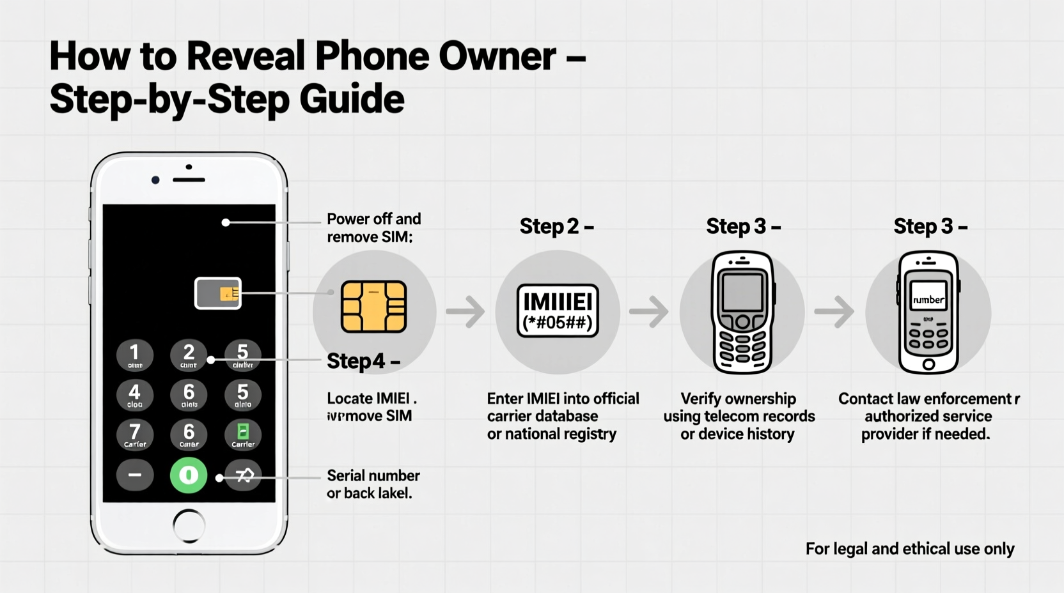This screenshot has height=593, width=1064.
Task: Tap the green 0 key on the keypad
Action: click(189, 475)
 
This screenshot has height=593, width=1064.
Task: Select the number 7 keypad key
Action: click(135, 435)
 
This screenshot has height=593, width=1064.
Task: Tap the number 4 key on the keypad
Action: click(135, 394)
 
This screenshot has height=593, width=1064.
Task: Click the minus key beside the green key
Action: click(135, 475)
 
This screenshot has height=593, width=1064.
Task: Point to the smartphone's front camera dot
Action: click(155, 180)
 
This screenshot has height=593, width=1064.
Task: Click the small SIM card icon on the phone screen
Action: click(218, 293)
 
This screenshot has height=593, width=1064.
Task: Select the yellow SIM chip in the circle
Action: click(374, 307)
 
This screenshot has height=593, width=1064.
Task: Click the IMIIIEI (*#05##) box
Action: click(558, 311)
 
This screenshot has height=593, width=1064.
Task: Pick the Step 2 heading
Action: click(556, 226)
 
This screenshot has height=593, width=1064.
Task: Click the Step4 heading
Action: click(363, 361)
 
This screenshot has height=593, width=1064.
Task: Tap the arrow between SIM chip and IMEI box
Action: click(465, 312)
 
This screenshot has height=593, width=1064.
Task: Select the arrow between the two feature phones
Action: click(834, 312)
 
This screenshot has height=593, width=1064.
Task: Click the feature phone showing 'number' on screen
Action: click(928, 312)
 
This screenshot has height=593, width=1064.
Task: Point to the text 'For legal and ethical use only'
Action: click(910, 549)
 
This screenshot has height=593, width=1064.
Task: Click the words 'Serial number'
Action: click(373, 475)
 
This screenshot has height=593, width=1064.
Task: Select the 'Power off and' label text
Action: click(373, 219)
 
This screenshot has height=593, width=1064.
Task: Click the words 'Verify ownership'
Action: click(739, 399)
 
